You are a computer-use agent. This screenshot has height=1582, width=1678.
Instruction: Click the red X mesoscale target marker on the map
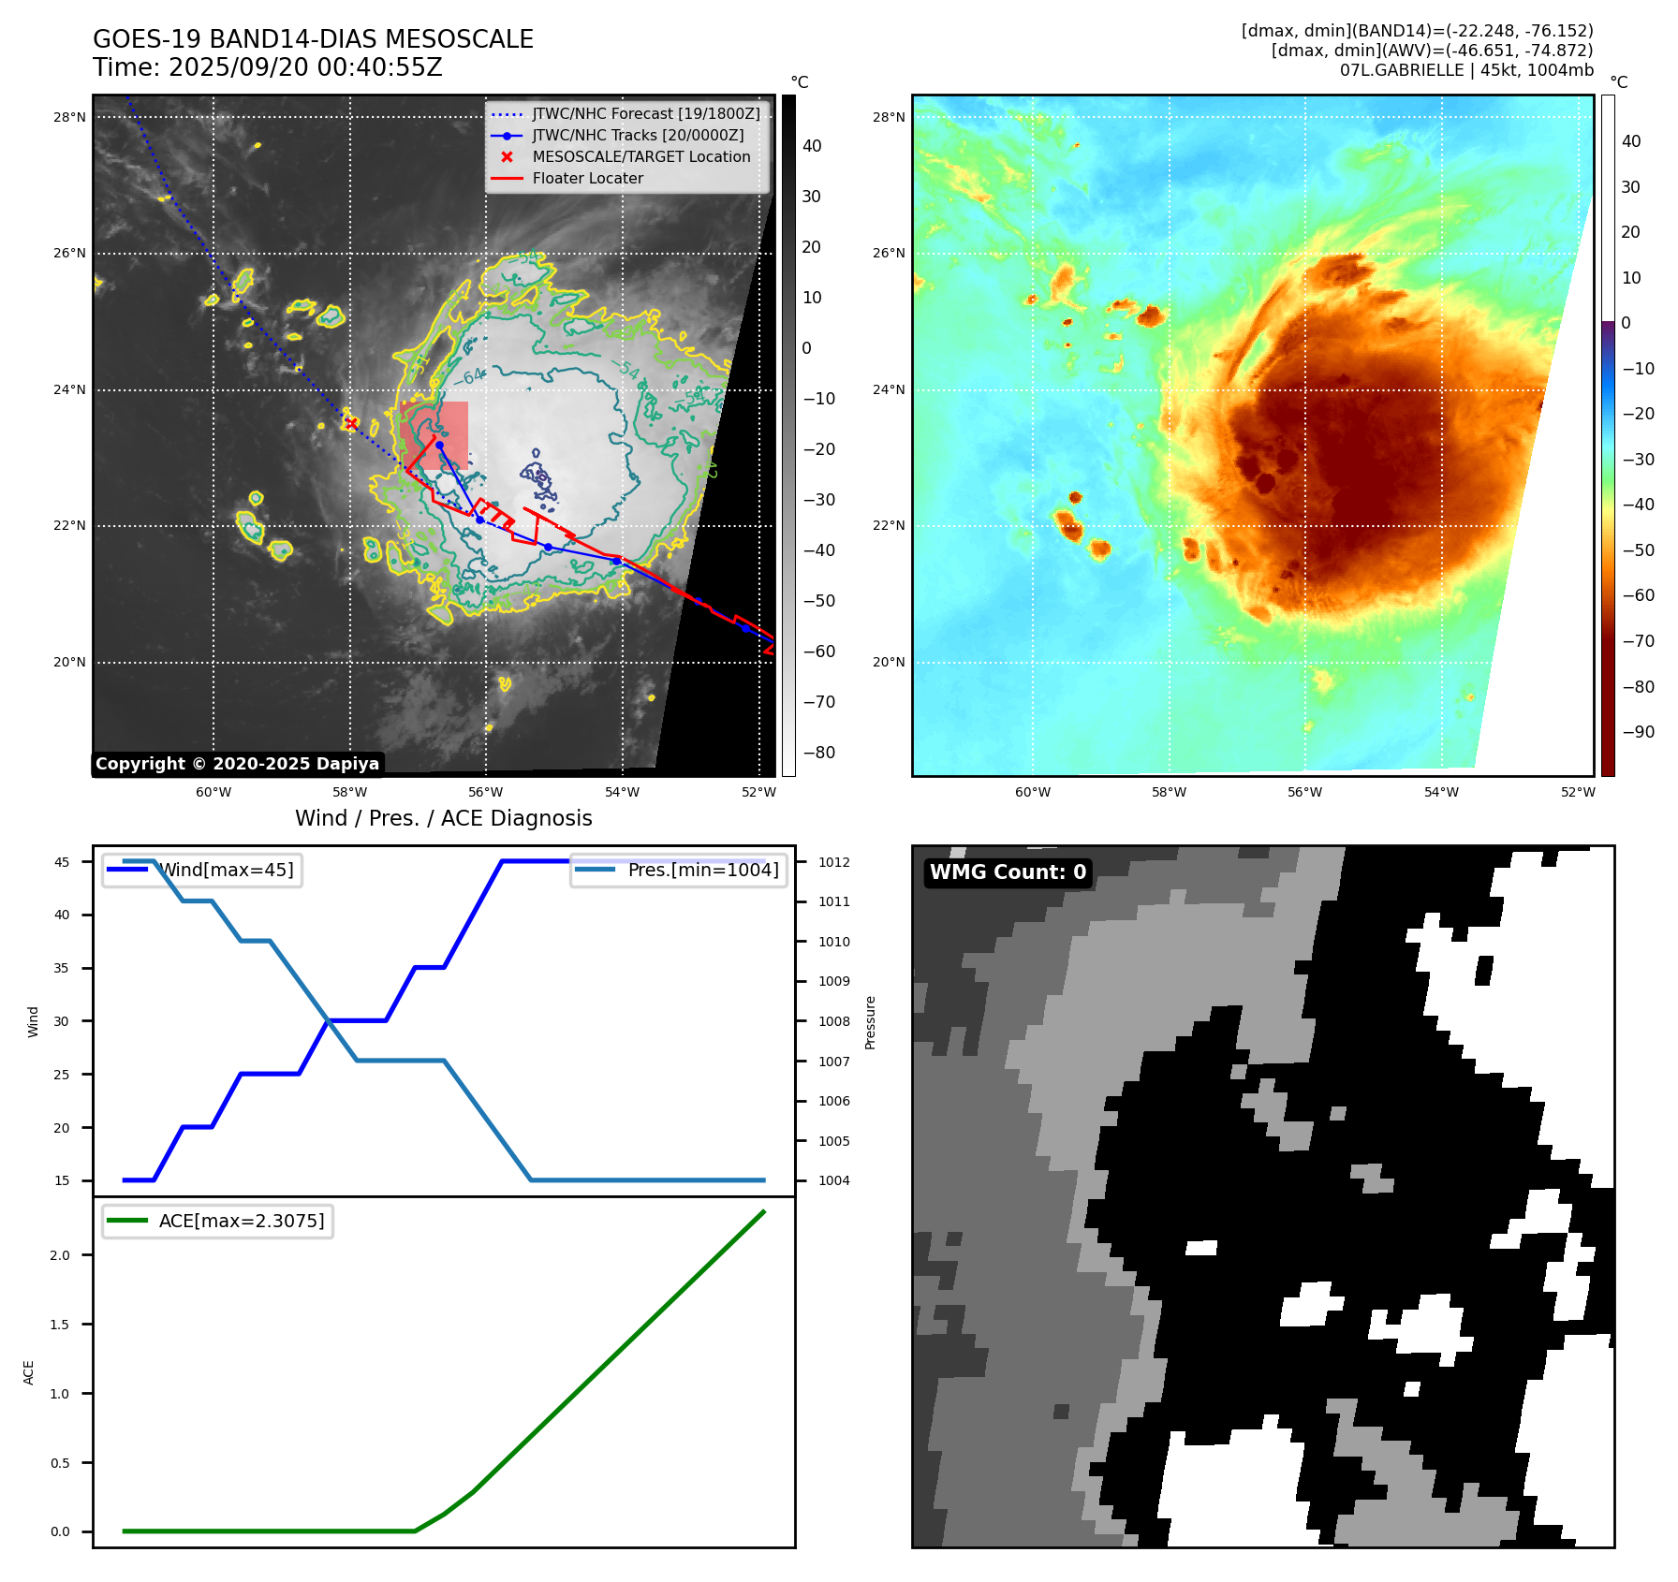coord(351,423)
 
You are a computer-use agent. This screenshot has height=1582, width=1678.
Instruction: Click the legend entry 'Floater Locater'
coord(587,179)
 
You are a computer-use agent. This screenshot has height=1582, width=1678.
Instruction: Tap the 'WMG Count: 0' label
coord(1008,872)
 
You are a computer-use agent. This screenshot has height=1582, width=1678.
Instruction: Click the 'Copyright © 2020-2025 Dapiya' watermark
coord(237,764)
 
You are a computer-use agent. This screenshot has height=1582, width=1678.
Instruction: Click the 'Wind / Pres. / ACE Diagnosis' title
coord(443,819)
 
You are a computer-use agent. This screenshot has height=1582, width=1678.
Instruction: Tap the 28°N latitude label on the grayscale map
coord(69,118)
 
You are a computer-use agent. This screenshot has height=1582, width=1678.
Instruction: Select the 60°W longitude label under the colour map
coord(1033,793)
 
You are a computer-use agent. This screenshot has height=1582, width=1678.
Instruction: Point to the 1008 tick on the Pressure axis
coord(833,1022)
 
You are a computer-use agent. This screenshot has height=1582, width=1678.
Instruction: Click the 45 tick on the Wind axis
coord(62,862)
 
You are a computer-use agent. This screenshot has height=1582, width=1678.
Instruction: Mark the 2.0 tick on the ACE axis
coord(60,1256)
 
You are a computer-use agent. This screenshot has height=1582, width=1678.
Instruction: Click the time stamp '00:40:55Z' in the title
coord(385,68)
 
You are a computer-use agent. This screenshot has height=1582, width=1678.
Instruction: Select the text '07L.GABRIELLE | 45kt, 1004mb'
coord(1465,71)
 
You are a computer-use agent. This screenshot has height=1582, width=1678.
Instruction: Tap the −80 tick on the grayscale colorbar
coord(818,753)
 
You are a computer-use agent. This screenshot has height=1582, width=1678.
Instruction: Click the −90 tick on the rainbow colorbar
coord(1638,732)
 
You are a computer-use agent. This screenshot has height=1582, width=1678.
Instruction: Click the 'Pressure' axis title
coord(870,1022)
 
